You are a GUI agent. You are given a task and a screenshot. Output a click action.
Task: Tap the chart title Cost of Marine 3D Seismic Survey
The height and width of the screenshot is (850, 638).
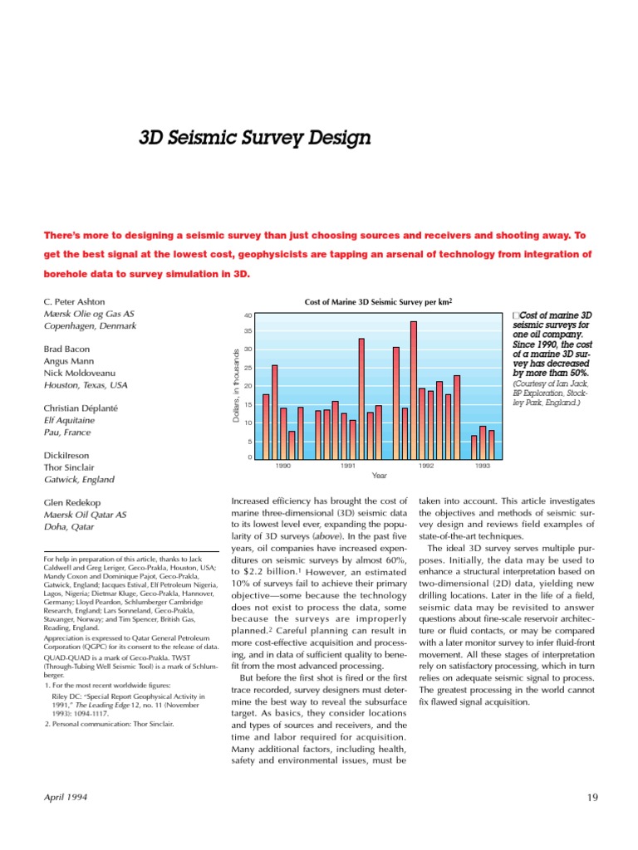(x=378, y=303)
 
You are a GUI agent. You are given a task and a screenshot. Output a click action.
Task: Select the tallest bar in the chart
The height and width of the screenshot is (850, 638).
(x=413, y=389)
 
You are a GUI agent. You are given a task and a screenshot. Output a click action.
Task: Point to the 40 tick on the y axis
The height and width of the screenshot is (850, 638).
(x=248, y=316)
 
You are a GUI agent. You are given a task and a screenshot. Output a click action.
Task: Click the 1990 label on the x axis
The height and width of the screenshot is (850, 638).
(x=283, y=467)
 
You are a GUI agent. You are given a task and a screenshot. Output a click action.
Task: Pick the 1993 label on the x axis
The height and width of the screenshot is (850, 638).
(x=482, y=467)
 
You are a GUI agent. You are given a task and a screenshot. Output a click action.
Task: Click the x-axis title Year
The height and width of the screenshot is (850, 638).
(x=380, y=476)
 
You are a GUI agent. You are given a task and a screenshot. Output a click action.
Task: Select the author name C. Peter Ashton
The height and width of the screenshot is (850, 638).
(x=74, y=301)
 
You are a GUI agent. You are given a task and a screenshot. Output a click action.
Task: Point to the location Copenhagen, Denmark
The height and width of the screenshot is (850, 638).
(x=90, y=326)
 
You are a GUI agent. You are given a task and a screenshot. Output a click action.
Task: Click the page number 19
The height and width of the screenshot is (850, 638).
(x=592, y=798)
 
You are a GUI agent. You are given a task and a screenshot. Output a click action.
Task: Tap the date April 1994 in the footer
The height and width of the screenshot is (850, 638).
(x=66, y=798)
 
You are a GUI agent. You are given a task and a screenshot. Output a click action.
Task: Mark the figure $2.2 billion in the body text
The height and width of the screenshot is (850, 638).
(x=264, y=573)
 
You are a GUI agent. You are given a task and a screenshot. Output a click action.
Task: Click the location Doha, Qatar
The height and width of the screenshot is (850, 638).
(x=71, y=527)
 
